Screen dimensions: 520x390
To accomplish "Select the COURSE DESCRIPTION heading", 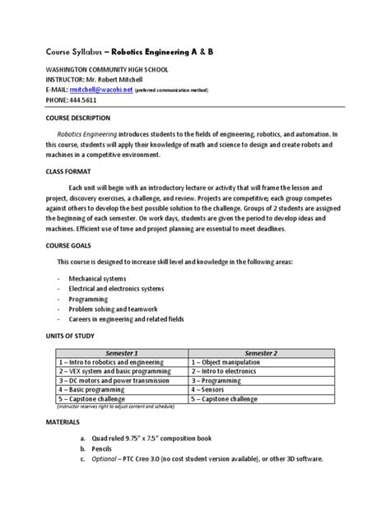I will point(89,117).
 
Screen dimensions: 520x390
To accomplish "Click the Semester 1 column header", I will point(120,351).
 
